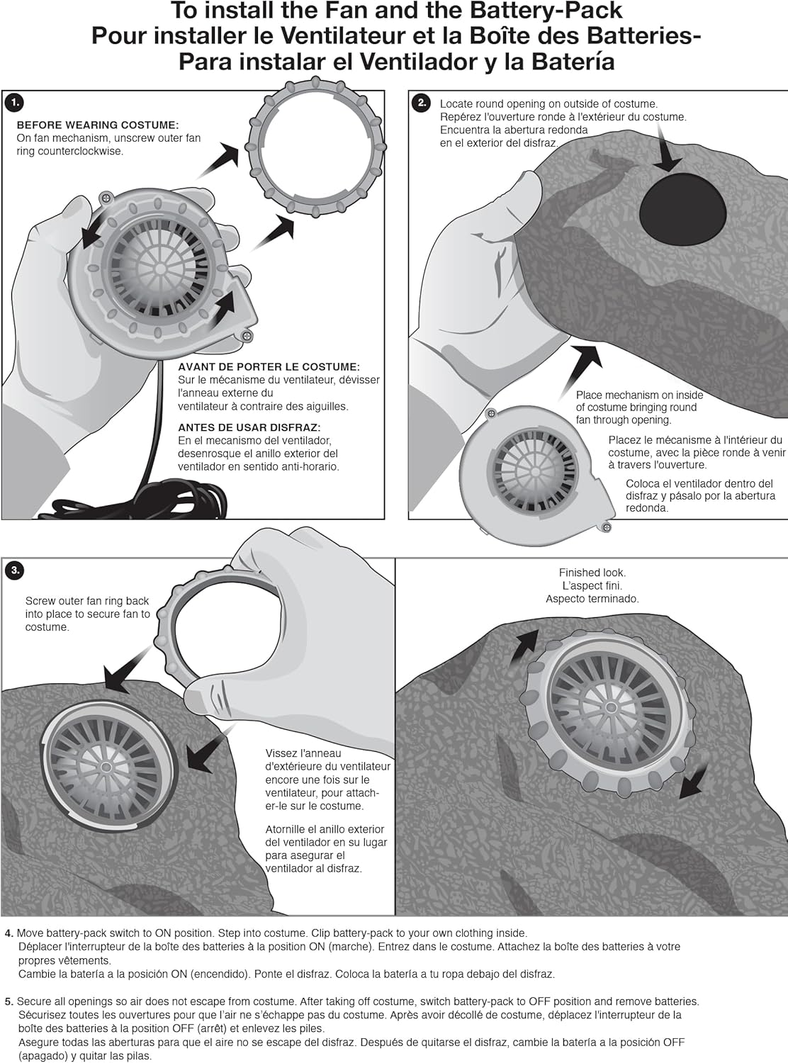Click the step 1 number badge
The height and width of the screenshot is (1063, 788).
(13, 103)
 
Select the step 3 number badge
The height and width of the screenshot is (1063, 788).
(13, 570)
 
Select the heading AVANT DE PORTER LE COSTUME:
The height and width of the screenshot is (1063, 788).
(269, 366)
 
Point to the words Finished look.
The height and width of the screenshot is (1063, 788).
(592, 573)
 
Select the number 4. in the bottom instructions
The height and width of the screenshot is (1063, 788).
(9, 933)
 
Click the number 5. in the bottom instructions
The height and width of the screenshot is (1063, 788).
(9, 1001)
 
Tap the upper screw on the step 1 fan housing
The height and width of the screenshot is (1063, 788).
(106, 198)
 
